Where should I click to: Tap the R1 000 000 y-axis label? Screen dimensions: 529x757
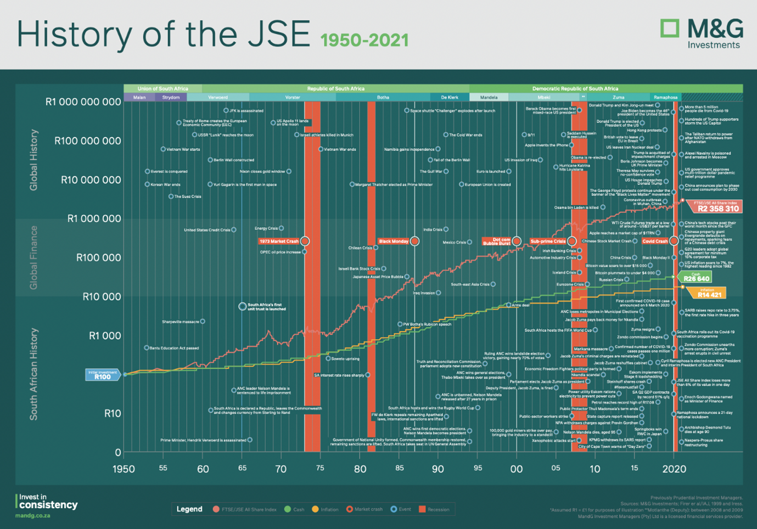click(x=94, y=218)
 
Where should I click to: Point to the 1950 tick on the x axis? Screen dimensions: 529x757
click(x=124, y=469)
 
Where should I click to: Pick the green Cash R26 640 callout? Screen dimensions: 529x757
click(x=696, y=277)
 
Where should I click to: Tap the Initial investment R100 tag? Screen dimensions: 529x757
click(x=103, y=375)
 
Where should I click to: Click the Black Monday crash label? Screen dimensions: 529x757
click(x=394, y=241)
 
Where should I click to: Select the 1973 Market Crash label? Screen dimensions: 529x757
click(x=279, y=241)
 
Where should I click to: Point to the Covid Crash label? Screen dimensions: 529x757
click(x=655, y=241)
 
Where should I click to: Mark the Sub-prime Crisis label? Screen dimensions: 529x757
click(x=548, y=241)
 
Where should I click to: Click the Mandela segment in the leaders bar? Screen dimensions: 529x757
click(x=489, y=98)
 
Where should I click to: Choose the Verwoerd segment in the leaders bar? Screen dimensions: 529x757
click(x=218, y=98)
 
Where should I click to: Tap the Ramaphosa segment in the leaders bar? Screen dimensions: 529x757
click(x=665, y=98)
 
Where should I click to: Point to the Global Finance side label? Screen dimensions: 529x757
click(x=33, y=257)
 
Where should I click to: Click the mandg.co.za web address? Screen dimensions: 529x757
click(x=32, y=516)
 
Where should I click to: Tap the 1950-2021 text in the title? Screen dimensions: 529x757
click(x=365, y=40)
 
